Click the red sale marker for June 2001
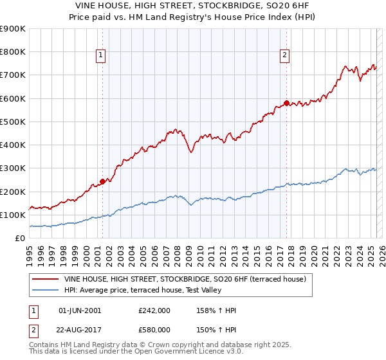coord(102,181)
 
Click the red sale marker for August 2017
coord(287,103)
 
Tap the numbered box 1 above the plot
coord(102,56)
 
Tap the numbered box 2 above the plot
coord(284,56)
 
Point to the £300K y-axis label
coord(13,168)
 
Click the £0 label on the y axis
coord(19,239)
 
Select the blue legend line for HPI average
coord(46,291)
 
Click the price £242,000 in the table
coord(154,310)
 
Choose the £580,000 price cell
coord(154,329)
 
